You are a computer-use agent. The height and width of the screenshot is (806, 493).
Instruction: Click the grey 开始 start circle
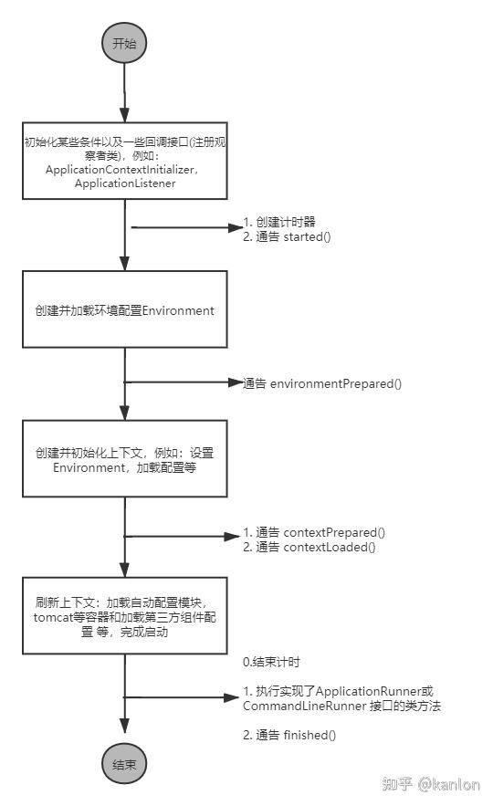pos(124,43)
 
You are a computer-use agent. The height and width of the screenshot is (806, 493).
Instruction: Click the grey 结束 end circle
pos(124,764)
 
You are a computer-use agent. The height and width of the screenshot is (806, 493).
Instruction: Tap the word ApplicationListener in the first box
pos(125,183)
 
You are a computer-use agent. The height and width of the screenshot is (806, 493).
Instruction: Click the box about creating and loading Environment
pos(125,309)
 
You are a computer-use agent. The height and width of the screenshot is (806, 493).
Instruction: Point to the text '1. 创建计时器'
pos(279,222)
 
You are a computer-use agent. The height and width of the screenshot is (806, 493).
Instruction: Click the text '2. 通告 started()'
pos(287,236)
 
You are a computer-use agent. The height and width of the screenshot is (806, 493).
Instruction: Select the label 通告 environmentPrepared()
pos(322,383)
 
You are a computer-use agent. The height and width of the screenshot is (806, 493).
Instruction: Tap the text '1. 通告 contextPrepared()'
pos(314,532)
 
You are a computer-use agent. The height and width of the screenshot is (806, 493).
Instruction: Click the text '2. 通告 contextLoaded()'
pos(309,547)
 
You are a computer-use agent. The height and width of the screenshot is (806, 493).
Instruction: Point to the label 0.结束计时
pos(271,662)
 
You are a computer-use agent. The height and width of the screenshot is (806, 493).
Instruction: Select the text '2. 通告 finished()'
pos(289,735)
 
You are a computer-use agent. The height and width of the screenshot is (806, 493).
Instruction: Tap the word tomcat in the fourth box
pos(53,617)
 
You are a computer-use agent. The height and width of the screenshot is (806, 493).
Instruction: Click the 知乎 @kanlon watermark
pos(431,784)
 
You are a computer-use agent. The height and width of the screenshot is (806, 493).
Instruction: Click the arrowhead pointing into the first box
pos(124,115)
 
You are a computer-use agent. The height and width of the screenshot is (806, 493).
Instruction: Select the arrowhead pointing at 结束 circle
pos(124,726)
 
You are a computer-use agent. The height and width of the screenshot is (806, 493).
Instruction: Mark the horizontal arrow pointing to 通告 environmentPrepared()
pos(183,382)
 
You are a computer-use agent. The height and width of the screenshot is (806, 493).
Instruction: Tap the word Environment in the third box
pos(89,467)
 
